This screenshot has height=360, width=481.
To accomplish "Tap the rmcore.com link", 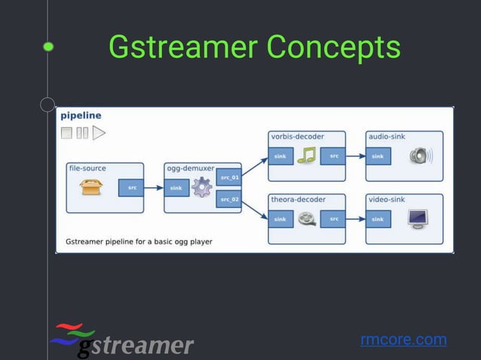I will coord(403,340).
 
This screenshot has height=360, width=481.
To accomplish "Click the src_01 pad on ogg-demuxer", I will coord(229,178).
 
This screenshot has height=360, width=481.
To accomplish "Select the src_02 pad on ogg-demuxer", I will coord(229,199).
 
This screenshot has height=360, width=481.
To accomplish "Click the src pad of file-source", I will coord(131,188).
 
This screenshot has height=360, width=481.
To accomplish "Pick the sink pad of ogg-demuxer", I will coord(176,188).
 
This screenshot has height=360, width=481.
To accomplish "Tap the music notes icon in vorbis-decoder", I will coord(306,156).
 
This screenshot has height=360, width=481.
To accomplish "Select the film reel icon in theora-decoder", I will coord(306,219).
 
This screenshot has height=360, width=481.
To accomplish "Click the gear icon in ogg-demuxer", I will coord(201,188).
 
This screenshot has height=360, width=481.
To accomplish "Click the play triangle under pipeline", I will coord(99,133).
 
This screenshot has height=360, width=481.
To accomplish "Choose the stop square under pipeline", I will coord(66,133).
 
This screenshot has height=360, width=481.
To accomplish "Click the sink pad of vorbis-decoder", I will coord(280,157).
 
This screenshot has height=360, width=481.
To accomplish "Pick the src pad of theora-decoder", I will coord(333,219).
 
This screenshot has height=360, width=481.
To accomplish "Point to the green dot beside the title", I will coord(48,47).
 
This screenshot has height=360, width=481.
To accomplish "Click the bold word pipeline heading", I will coord(81,116).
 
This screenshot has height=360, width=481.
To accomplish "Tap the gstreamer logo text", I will coord(136,346).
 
